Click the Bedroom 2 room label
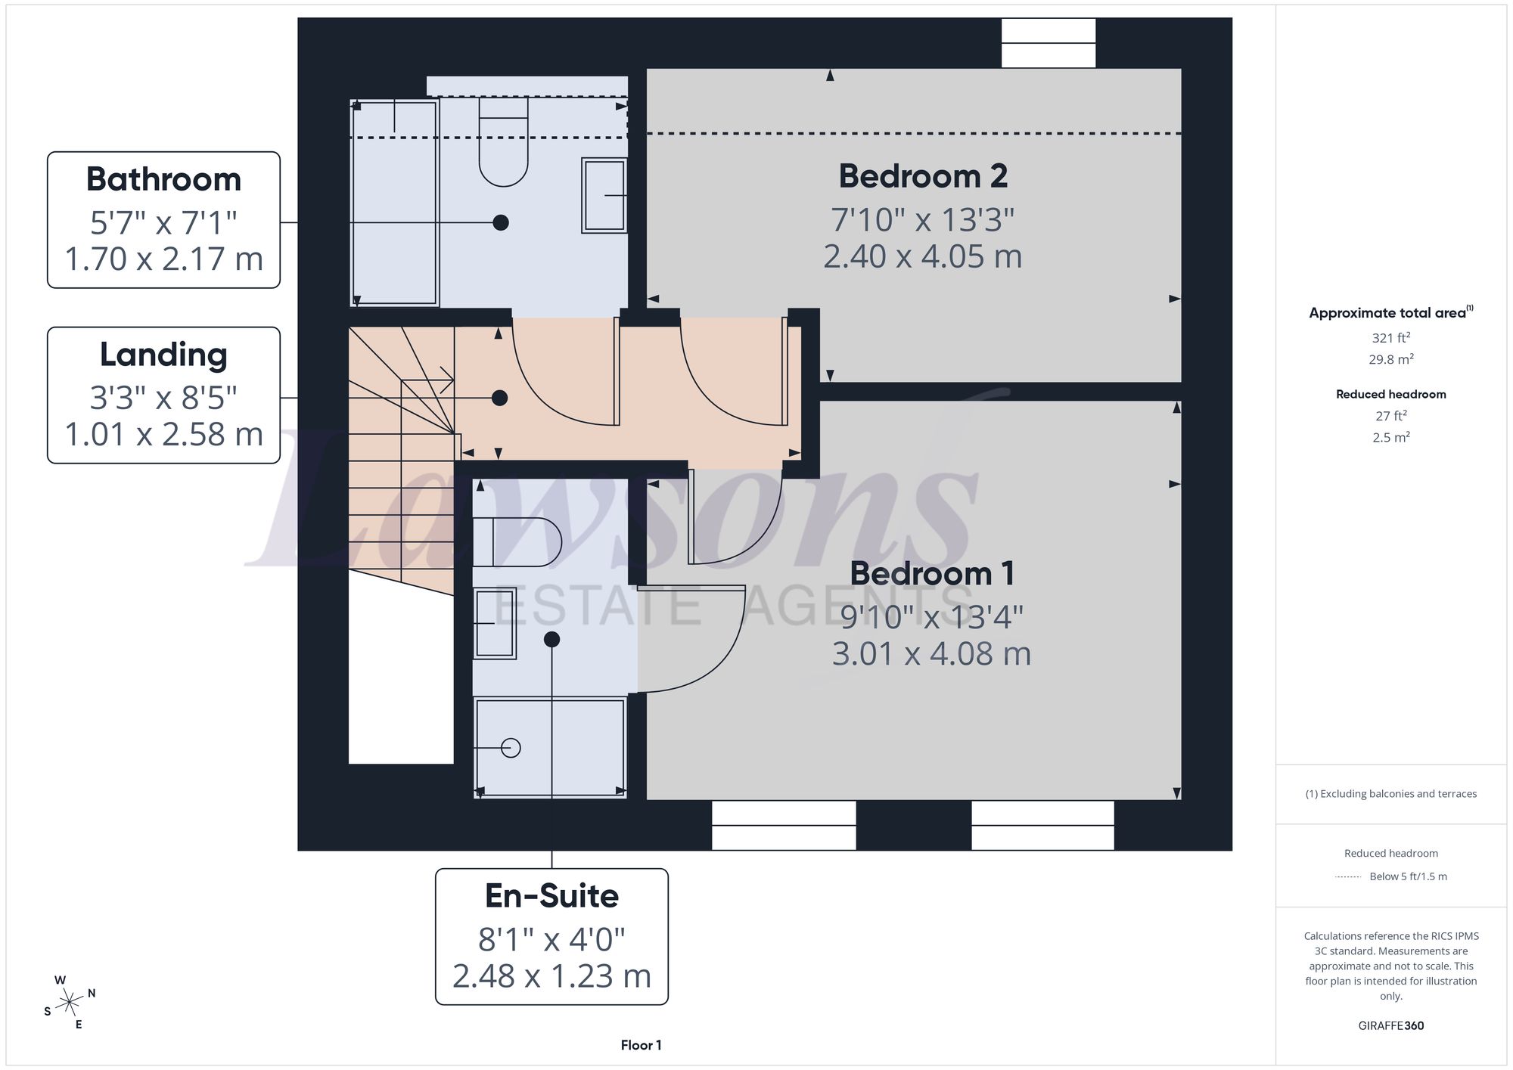[x=923, y=176]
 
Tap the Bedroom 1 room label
[x=931, y=573]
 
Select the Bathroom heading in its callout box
[x=163, y=179]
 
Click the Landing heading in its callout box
[x=163, y=355]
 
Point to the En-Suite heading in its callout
[x=551, y=896]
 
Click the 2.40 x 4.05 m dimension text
[x=923, y=256]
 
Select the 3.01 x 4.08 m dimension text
[x=931, y=653]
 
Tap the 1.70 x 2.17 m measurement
[x=163, y=259]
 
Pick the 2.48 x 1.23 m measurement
[x=551, y=975]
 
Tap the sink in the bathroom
[x=604, y=195]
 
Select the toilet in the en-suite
[x=517, y=542]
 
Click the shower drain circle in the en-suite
[x=511, y=748]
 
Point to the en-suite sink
[x=495, y=623]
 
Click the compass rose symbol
[x=69, y=1003]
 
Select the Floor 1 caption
[x=641, y=1045]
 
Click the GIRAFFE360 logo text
[x=1391, y=1025]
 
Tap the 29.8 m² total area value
[x=1391, y=359]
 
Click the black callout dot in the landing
[x=499, y=398]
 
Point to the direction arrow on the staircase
[x=427, y=380]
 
